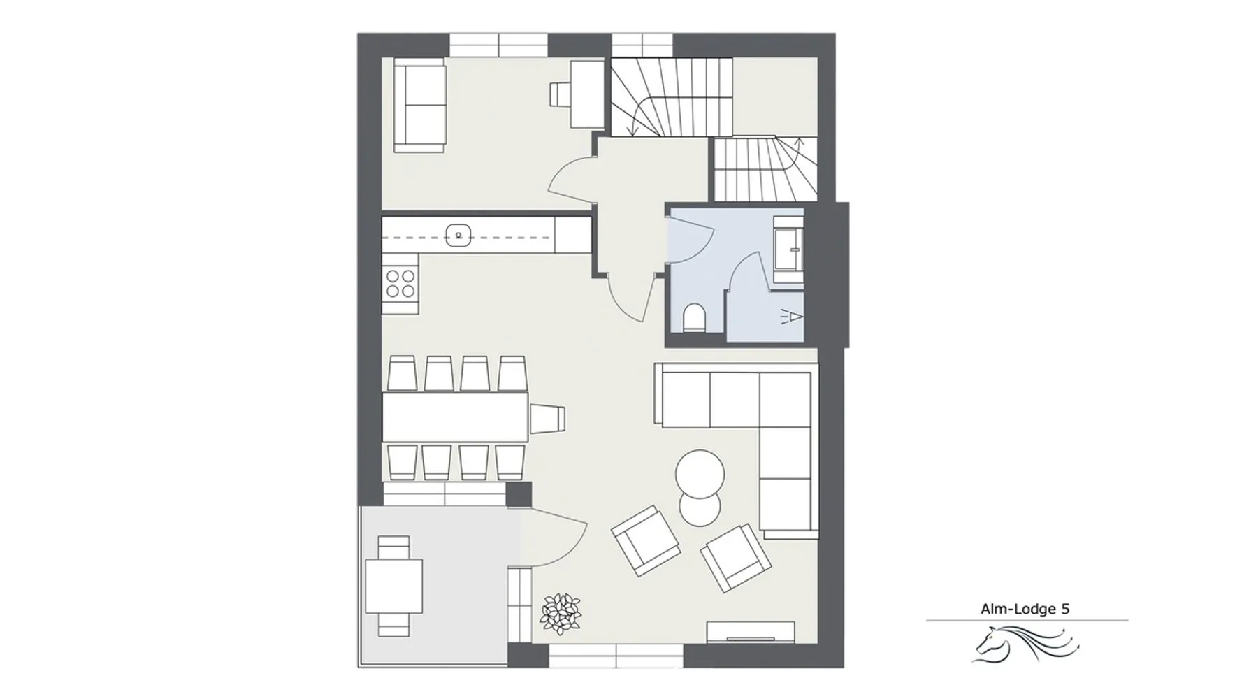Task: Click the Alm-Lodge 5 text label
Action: [x=1025, y=609]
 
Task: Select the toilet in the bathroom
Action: [x=694, y=317]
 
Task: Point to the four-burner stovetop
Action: [x=400, y=283]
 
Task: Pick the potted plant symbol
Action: [x=561, y=614]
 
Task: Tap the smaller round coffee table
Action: [x=700, y=509]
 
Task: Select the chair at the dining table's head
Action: [x=547, y=418]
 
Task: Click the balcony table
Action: [x=393, y=586]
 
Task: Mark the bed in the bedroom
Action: [x=420, y=105]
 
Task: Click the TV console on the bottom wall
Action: [x=751, y=632]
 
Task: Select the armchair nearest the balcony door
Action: [x=646, y=540]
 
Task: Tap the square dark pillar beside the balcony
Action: [x=519, y=495]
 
